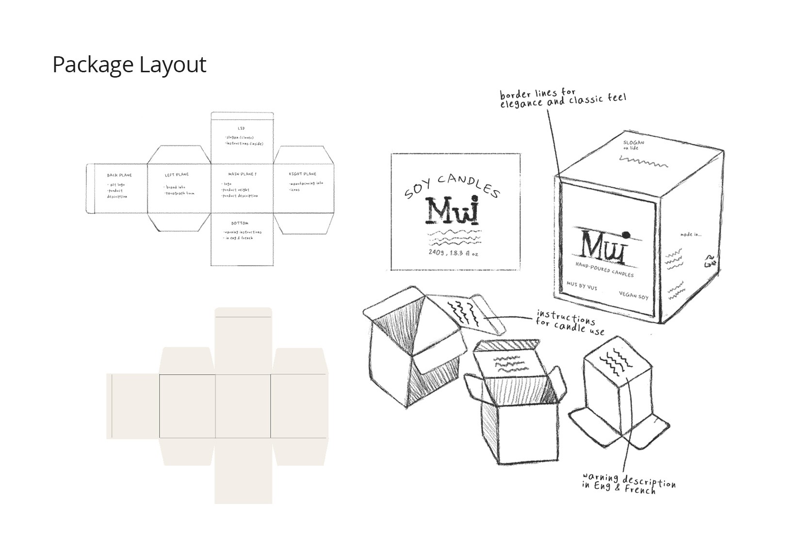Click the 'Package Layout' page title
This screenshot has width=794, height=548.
(129, 64)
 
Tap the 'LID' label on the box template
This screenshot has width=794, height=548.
(241, 128)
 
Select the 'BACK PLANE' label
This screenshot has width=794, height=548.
(119, 175)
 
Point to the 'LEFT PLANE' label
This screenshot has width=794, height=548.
(177, 175)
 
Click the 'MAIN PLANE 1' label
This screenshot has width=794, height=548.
(242, 174)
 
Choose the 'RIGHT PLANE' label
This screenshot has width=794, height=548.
(302, 174)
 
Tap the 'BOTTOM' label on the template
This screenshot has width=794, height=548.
(240, 223)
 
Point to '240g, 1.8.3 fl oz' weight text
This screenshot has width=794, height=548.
(453, 253)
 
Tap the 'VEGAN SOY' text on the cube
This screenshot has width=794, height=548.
(633, 295)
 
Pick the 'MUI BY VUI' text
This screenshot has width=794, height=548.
(582, 286)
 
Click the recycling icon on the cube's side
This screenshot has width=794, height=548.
(711, 261)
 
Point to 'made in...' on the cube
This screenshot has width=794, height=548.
(690, 234)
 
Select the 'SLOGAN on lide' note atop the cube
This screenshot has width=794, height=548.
(633, 145)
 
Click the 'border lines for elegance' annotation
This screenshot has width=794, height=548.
(563, 98)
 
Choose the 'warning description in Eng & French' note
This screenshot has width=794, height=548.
(629, 483)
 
